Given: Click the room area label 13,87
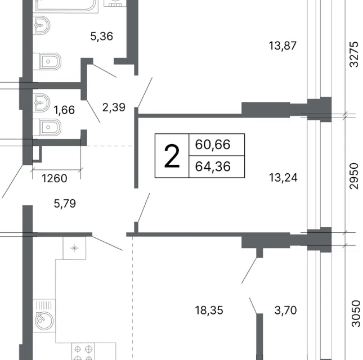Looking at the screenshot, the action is (x=283, y=46).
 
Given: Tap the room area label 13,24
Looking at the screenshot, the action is (x=283, y=178).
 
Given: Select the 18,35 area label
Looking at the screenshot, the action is (x=209, y=310).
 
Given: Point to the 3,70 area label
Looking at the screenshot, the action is (x=285, y=310).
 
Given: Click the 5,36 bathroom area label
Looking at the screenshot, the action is (x=102, y=37).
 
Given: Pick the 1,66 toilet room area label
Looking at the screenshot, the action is (x=64, y=110).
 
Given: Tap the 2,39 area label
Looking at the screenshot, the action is (x=114, y=107).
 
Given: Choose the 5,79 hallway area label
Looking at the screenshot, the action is (x=65, y=204).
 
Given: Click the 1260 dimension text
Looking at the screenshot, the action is (x=55, y=178).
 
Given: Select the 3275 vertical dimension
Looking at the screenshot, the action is (x=354, y=54).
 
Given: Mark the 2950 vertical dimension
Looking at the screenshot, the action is (x=354, y=176).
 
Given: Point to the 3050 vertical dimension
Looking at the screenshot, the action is (x=356, y=313).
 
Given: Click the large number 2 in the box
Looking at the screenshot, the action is (x=172, y=156).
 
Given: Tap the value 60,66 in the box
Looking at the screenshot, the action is (x=213, y=145).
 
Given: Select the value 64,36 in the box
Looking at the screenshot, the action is (x=213, y=166).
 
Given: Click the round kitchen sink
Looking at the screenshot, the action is (x=44, y=321).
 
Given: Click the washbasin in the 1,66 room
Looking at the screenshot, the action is (x=42, y=103).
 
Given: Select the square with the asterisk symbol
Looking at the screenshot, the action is (x=74, y=248).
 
